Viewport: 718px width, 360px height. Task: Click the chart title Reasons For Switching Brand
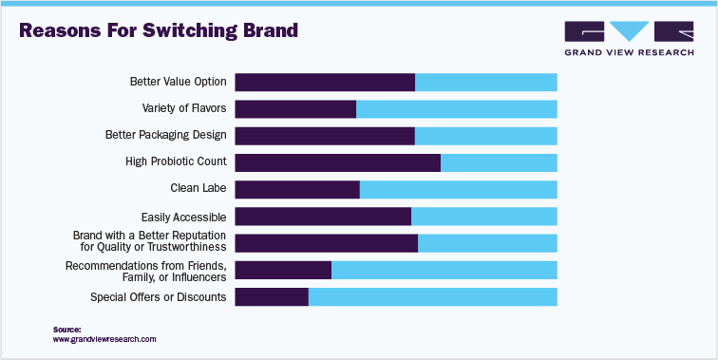159,30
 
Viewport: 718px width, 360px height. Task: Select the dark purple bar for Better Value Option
325,82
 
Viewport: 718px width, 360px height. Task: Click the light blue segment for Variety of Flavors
456,108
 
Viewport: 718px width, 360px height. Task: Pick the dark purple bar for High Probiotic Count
337,161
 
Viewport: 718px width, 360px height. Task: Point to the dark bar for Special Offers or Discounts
272,297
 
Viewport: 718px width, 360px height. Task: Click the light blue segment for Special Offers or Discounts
432,297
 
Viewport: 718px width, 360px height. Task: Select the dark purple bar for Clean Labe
297,189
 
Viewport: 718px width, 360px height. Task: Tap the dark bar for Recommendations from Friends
283,270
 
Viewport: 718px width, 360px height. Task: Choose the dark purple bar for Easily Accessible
323,217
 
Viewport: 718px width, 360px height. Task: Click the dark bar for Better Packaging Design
325,135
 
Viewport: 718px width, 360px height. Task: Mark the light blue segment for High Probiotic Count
499,161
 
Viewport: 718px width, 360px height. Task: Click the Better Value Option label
178,82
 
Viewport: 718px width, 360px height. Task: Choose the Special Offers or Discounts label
158,297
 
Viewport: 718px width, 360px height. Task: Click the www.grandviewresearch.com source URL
104,339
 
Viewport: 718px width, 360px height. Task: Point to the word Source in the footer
66,330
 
